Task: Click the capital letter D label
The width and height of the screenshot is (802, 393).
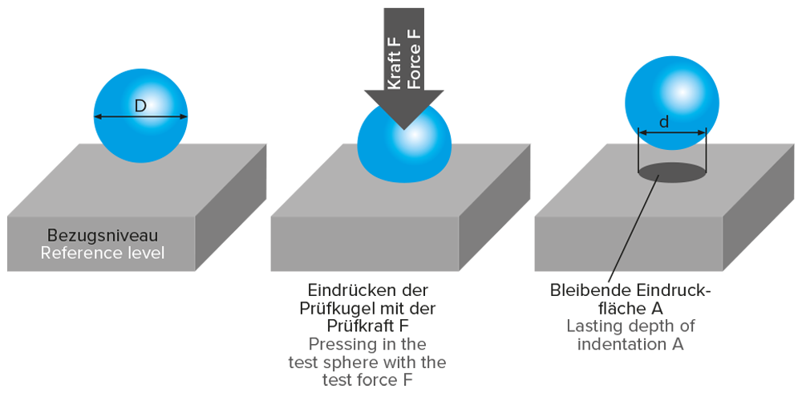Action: (x=140, y=105)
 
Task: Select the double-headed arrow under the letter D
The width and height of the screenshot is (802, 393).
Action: (x=140, y=117)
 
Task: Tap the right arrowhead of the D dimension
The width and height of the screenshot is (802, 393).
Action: (x=184, y=117)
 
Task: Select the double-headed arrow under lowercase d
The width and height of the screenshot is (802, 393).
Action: (x=672, y=132)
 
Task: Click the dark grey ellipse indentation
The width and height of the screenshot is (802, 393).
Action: (x=672, y=171)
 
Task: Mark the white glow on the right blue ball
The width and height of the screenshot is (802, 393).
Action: (x=682, y=90)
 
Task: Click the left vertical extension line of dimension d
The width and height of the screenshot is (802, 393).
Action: (x=638, y=152)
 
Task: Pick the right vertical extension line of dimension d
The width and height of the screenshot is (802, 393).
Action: (x=707, y=152)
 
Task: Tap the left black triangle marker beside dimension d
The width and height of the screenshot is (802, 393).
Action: (x=635, y=140)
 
